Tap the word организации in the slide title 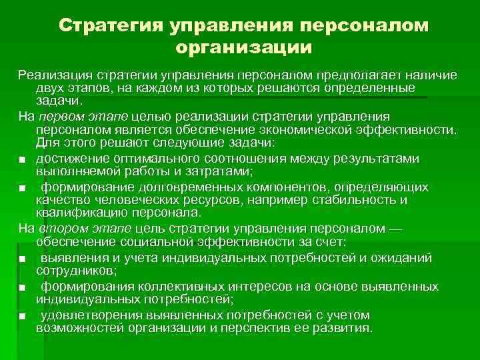(243, 47)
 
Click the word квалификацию (84, 213)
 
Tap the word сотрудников (73, 271)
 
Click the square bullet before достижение (23, 159)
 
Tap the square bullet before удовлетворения (23, 316)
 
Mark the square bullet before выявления (23, 259)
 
